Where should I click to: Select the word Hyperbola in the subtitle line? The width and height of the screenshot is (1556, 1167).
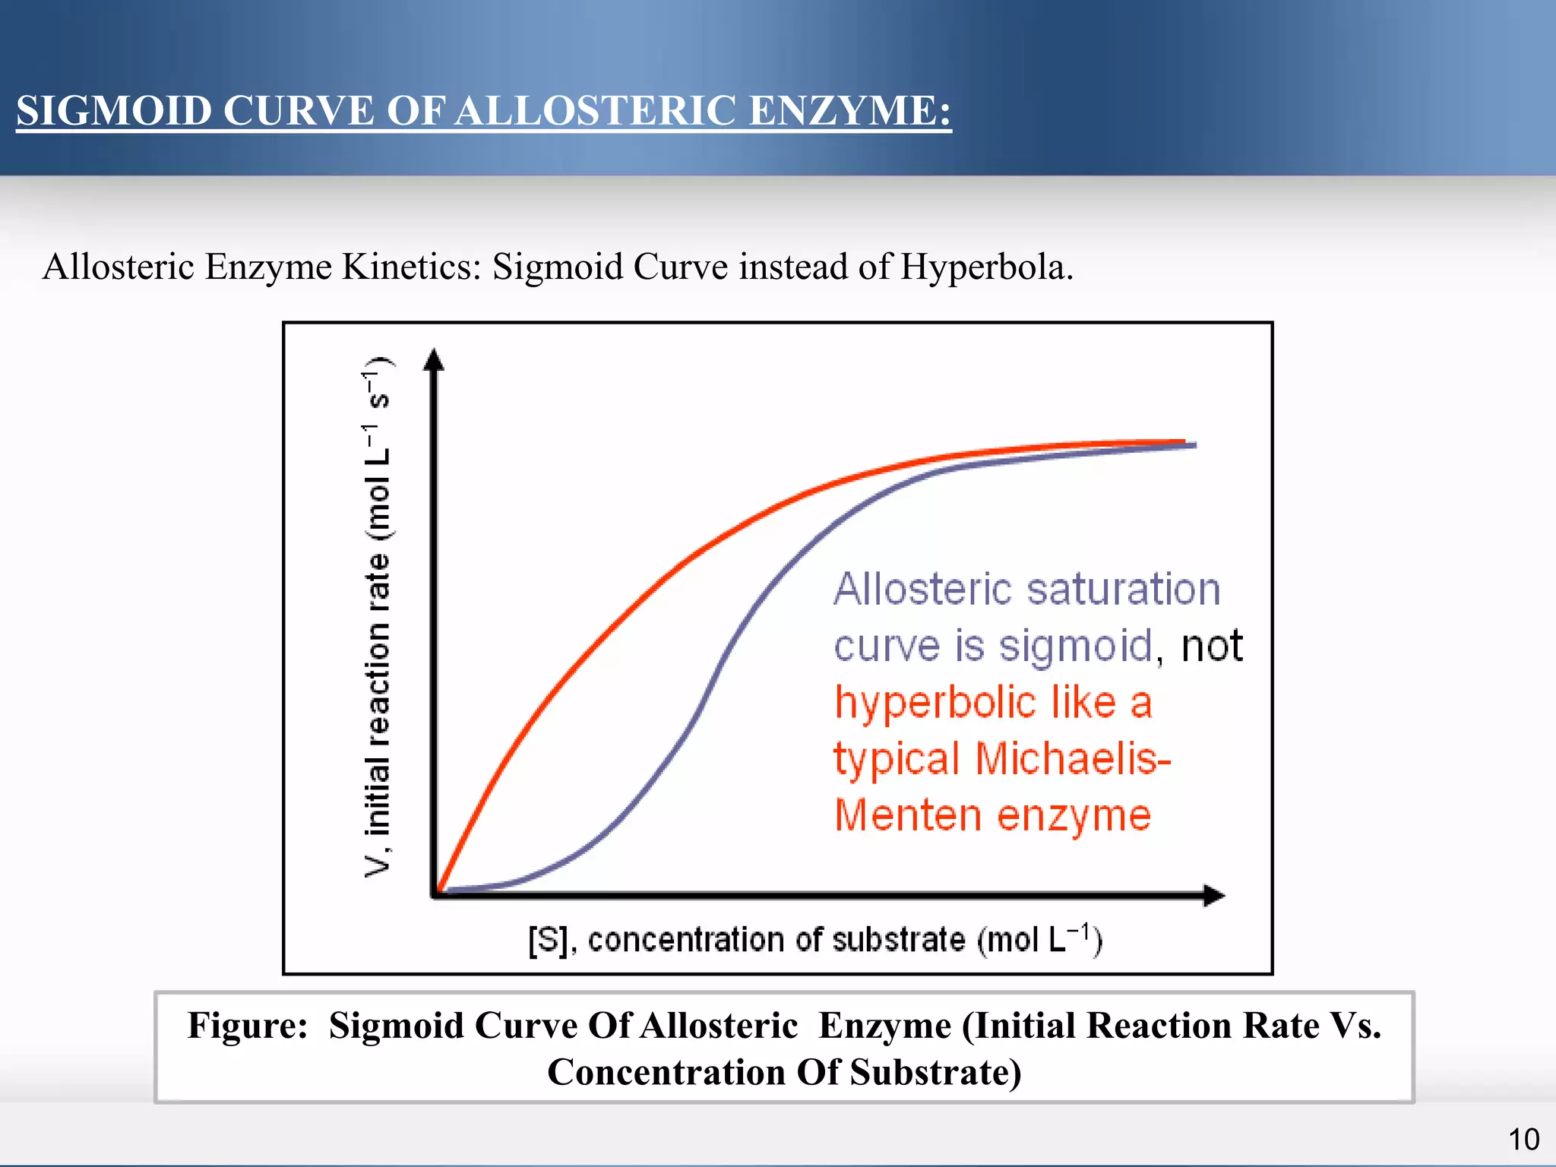coord(985,267)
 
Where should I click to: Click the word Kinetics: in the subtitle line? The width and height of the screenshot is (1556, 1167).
coord(411,267)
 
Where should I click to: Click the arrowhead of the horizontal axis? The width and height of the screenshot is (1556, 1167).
coord(1214,895)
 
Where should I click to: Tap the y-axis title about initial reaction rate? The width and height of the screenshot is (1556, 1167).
coord(378,615)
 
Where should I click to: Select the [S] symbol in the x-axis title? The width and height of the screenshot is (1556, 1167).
coord(547,941)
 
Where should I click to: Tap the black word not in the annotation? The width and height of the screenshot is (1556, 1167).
coord(1212,647)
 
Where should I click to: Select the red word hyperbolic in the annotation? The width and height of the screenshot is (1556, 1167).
coord(935,703)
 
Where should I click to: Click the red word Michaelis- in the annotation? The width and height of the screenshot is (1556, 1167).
coord(1073,759)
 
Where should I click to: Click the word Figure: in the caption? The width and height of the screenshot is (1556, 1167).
coord(247,1026)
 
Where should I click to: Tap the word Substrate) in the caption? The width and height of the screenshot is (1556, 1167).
coord(935,1073)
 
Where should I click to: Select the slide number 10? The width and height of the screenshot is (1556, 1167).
coord(1523,1140)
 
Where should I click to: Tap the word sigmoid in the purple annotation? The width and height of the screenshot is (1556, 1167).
coord(1076,647)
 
